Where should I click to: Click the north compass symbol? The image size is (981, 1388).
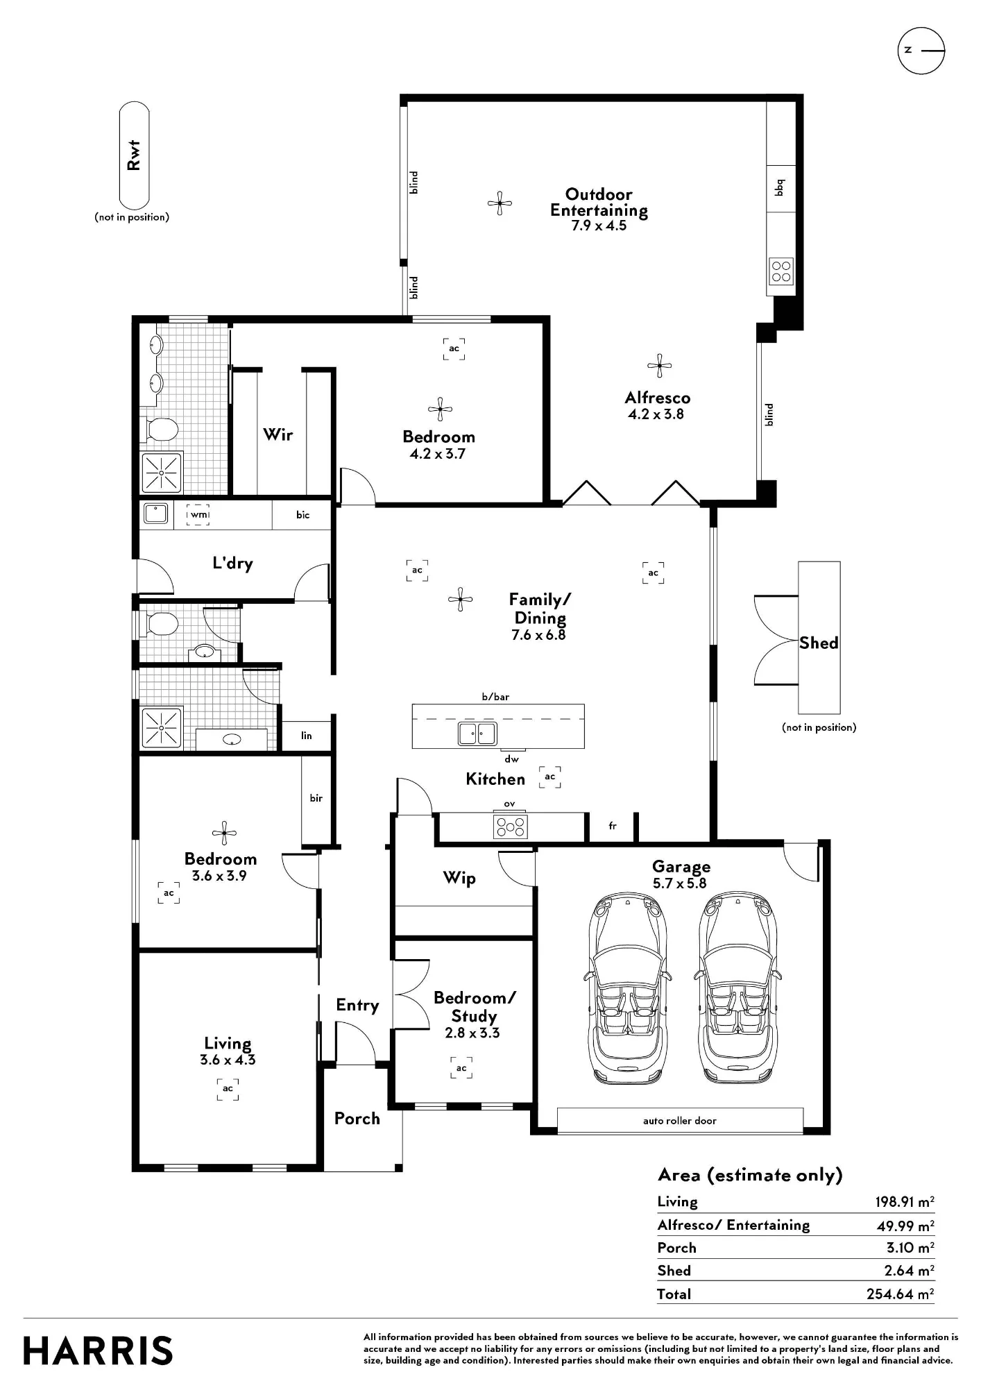(921, 51)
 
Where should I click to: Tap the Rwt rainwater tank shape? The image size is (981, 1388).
(134, 155)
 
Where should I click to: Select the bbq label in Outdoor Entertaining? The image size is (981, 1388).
(779, 187)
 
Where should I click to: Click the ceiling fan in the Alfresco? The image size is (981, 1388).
(659, 366)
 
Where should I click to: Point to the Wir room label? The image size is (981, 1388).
(278, 434)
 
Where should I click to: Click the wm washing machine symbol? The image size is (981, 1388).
(198, 514)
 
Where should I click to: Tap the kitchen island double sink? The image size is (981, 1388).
(477, 733)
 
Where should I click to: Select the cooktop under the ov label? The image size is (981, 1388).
(510, 827)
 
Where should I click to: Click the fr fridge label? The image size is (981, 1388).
(613, 826)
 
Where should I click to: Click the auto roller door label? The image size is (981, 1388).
(679, 1121)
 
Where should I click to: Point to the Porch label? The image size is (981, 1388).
(357, 1118)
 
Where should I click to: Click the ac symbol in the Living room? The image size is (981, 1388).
(228, 1089)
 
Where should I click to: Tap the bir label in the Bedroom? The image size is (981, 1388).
(316, 798)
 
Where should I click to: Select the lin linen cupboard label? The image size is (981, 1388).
(307, 736)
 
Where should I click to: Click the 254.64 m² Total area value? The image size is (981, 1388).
(900, 1294)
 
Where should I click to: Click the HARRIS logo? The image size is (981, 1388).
(98, 1351)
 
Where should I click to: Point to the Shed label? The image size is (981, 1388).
(819, 643)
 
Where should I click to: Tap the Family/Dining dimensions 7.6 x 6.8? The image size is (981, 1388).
(538, 635)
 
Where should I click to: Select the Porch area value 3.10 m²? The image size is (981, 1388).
(910, 1247)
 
